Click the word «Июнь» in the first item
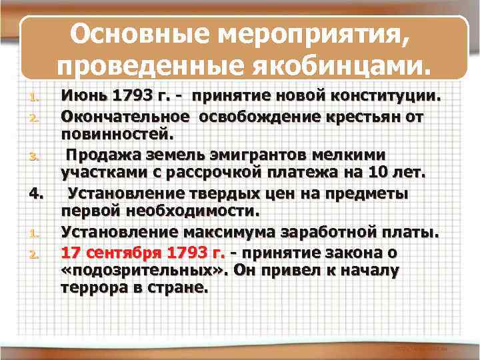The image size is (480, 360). point(84,97)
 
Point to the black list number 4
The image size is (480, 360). point(37,195)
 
